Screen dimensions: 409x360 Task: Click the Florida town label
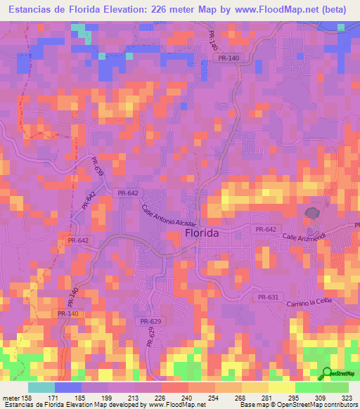point(201,233)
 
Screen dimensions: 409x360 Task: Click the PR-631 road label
point(269,297)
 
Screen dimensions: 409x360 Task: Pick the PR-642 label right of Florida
point(266,229)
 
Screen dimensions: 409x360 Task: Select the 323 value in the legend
point(348,397)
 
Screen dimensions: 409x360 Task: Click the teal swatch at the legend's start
point(41,387)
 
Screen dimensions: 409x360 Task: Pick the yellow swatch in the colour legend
point(282,387)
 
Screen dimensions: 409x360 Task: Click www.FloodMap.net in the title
point(264,9)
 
